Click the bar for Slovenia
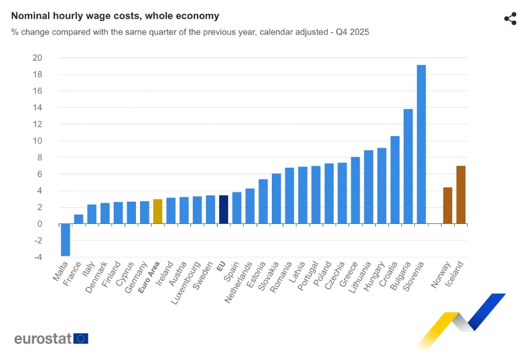coord(421,144)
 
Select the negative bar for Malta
coord(65,240)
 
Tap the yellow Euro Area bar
coord(158,212)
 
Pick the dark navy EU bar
coord(223,209)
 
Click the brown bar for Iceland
coord(461,195)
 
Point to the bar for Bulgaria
coord(408,167)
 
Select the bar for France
coord(79,219)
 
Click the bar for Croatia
coord(395,180)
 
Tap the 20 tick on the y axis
coord(37,57)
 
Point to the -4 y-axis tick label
coord(37,257)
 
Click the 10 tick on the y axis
coord(37,141)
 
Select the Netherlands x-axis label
coord(239,282)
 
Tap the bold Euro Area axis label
coord(149,277)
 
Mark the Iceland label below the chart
coord(455,274)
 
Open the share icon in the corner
coord(510,18)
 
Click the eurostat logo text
coord(43,338)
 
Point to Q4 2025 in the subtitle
coord(353,32)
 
